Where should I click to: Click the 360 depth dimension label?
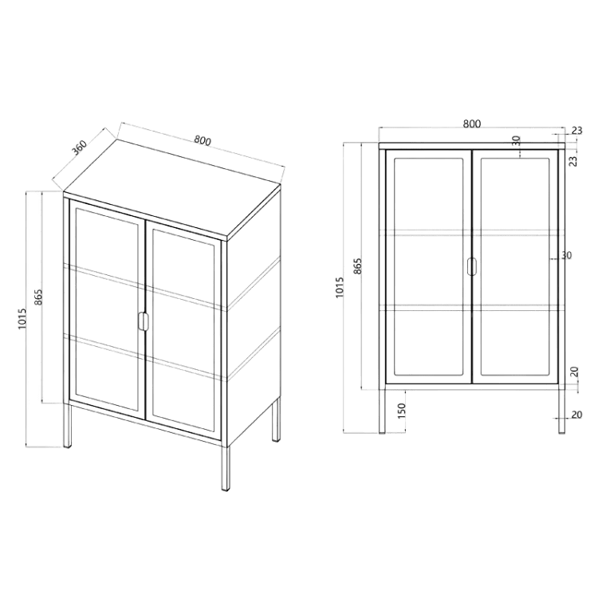click(x=81, y=148)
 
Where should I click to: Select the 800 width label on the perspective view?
click(x=203, y=140)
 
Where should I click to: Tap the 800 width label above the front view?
click(x=472, y=124)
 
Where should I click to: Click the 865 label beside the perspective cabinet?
click(x=38, y=297)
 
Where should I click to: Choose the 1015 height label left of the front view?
click(x=340, y=287)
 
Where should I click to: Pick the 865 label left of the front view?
click(x=357, y=266)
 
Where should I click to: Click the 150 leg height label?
click(x=402, y=411)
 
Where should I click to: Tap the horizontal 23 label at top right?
click(x=577, y=131)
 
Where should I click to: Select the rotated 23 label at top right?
click(x=573, y=160)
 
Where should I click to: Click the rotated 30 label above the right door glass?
click(x=516, y=141)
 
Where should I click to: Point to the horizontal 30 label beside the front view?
click(x=567, y=255)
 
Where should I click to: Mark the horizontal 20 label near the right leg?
click(x=577, y=414)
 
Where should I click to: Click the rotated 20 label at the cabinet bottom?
click(x=575, y=372)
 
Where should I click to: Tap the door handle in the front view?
click(x=472, y=266)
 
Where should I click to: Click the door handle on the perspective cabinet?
click(x=143, y=321)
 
